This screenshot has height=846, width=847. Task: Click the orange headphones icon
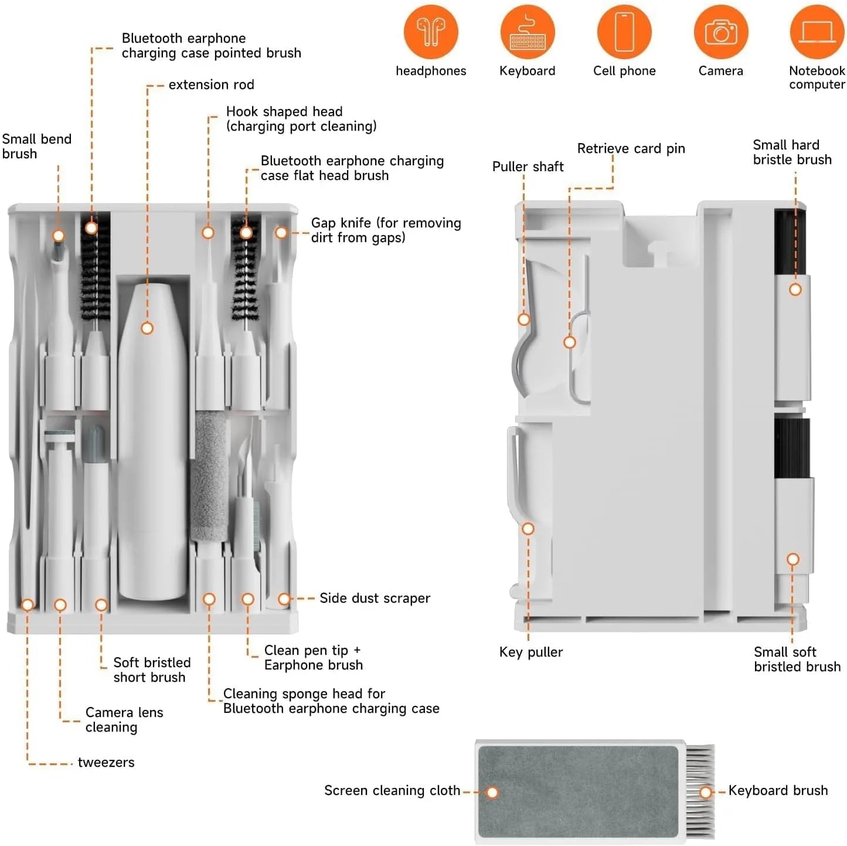[431, 32]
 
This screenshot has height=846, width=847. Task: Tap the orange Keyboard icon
[527, 32]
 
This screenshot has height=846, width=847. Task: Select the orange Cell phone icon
[624, 32]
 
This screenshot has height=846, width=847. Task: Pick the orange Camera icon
[720, 32]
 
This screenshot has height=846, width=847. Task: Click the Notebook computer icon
[817, 32]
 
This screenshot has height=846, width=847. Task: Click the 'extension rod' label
[211, 85]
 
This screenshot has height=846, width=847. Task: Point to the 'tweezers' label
[106, 762]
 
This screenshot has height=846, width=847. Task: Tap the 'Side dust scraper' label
[375, 598]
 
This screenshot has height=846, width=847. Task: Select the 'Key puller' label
[530, 652]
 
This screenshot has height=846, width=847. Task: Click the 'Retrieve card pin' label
[631, 148]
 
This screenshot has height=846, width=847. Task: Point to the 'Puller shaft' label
[528, 167]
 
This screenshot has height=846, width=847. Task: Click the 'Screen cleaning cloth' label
[392, 790]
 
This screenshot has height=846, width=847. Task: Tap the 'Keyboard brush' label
[778, 790]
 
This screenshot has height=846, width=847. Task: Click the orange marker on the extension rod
[147, 328]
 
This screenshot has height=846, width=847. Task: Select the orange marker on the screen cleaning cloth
[492, 793]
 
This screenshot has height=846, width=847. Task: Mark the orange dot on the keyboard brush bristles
[706, 793]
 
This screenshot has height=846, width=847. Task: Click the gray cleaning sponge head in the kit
[209, 475]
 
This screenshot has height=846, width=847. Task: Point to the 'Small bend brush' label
[36, 147]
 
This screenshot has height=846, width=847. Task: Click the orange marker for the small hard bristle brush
[795, 290]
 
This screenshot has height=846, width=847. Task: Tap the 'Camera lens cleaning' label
[124, 719]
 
